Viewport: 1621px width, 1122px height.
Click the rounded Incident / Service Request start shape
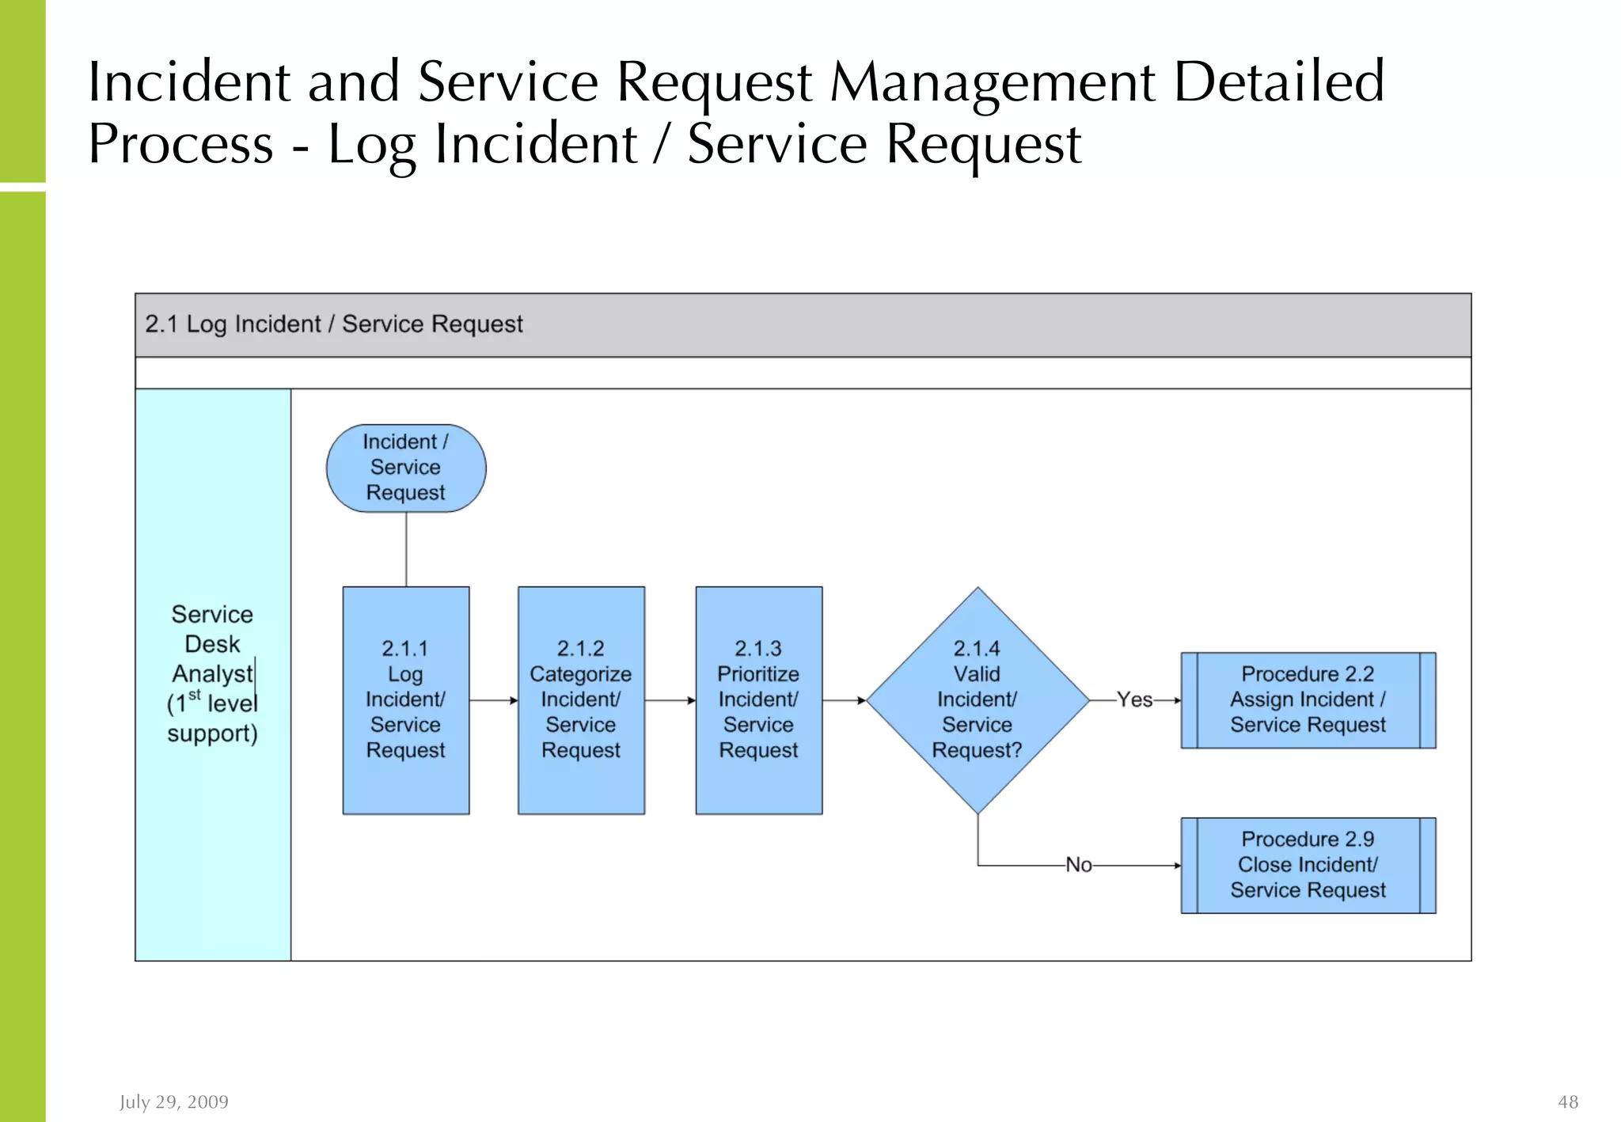pos(406,468)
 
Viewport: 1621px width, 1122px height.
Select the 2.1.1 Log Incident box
pos(406,699)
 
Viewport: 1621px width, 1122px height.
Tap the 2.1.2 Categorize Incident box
pos(581,699)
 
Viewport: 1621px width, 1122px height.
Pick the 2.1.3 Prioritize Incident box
pos(758,699)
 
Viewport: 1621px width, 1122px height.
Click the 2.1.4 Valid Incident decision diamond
pos(977,699)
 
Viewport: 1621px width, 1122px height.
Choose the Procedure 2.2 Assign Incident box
pos(1308,699)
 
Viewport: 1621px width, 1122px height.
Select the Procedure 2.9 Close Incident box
pos(1308,865)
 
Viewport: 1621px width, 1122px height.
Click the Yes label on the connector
pos(1134,699)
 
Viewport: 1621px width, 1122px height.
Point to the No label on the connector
pos(1078,865)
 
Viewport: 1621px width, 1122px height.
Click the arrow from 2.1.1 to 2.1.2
pos(493,700)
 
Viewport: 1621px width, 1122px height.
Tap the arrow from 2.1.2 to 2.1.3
pos(670,700)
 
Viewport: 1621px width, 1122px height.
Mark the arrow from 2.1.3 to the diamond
pos(844,700)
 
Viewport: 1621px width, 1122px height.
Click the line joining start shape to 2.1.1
pos(406,549)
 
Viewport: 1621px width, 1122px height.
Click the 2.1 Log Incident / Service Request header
pos(333,324)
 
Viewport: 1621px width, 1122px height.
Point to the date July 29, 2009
pos(174,1101)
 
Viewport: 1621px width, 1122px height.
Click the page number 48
pos(1567,1101)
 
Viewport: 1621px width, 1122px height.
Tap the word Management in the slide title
pos(993,82)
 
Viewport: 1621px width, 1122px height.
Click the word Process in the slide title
pos(180,144)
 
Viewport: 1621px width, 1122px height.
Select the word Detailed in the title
pos(1278,82)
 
